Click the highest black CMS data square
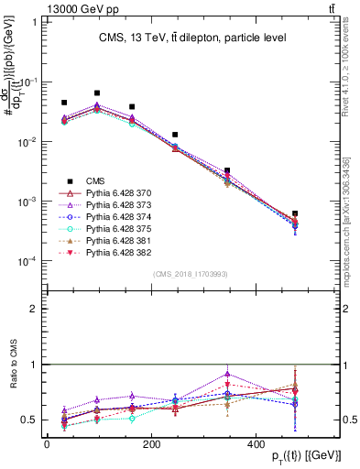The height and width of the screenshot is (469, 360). coord(97,93)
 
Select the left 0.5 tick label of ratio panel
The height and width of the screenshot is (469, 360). coord(28,420)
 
